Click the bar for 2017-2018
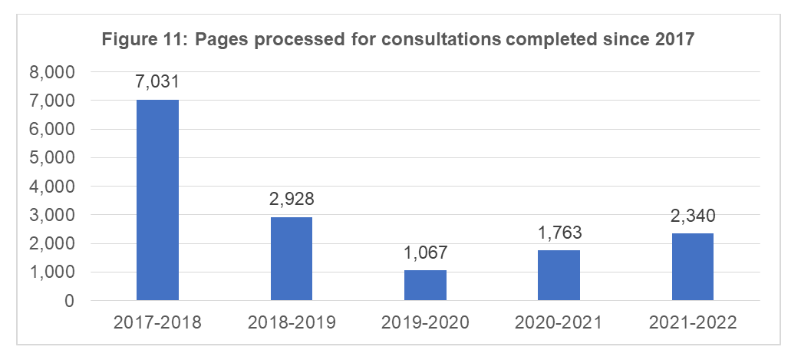tap(157, 200)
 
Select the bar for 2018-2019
tap(292, 259)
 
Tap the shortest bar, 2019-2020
tap(425, 285)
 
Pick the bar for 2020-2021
tap(559, 275)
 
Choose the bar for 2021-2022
tap(693, 266)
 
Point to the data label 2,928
tap(292, 200)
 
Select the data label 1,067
tap(425, 253)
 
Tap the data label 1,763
tap(559, 233)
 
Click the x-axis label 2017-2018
tap(157, 323)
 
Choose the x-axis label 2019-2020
tap(425, 323)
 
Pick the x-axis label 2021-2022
tap(693, 323)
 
